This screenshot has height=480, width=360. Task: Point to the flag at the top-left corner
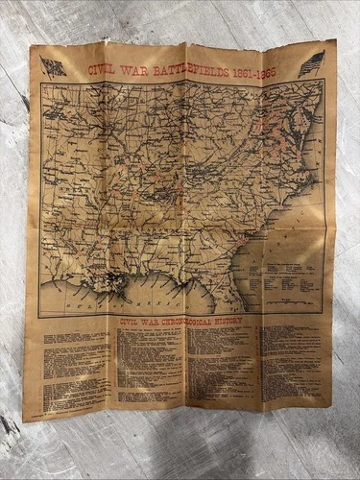(53, 66)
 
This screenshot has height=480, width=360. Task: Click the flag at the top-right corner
(311, 65)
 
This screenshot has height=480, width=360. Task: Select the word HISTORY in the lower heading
(235, 324)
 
